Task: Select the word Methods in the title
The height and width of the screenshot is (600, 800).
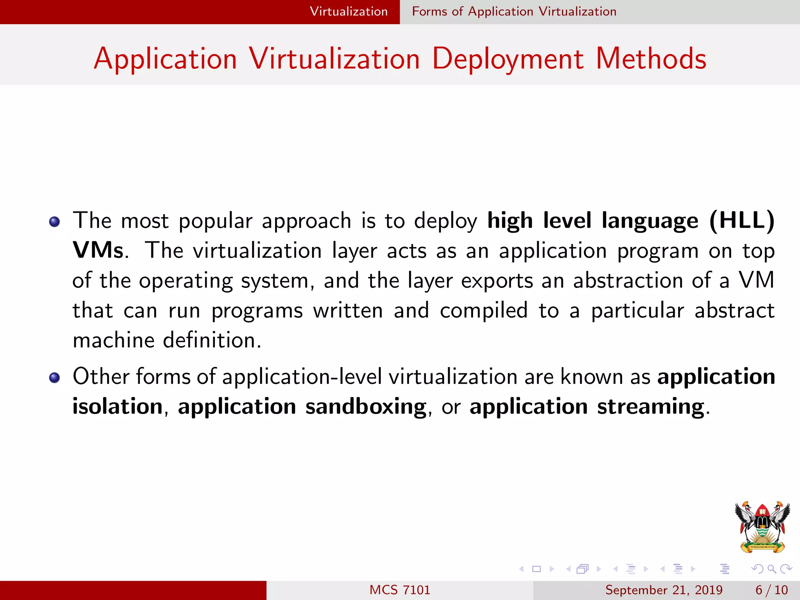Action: [x=651, y=59]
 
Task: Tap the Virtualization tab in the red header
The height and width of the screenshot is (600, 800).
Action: [x=348, y=12]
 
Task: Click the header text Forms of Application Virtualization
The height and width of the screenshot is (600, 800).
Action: [x=514, y=12]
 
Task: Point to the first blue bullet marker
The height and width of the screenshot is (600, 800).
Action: [x=54, y=222]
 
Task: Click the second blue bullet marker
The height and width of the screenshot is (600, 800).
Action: [x=54, y=378]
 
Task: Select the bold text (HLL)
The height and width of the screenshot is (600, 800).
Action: [x=741, y=221]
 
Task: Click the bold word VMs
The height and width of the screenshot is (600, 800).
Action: [x=98, y=250]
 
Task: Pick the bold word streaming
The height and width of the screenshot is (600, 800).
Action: [x=650, y=407]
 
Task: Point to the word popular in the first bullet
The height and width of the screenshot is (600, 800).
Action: [x=215, y=221]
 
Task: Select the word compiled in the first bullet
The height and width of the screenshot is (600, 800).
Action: [x=484, y=311]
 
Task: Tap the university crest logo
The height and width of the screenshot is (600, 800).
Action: [x=762, y=527]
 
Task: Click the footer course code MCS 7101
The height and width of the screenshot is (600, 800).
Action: [x=400, y=590]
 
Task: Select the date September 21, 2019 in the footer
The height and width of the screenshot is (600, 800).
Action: [x=664, y=590]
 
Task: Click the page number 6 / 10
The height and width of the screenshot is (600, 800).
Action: [x=771, y=590]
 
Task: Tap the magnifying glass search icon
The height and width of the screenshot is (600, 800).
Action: [x=771, y=569]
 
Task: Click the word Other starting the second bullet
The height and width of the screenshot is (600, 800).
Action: [x=101, y=377]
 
